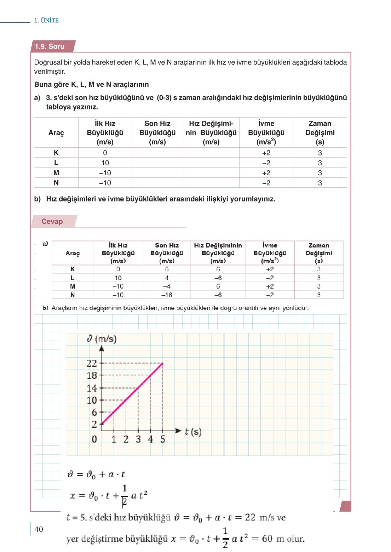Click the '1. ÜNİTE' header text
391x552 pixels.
coord(46,21)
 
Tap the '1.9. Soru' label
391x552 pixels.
coord(50,46)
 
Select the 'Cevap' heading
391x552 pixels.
coord(52,221)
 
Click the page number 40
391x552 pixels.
coord(39,529)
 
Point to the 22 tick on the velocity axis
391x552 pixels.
coord(92,363)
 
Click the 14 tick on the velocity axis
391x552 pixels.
coord(92,388)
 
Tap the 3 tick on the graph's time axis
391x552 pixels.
coord(138,439)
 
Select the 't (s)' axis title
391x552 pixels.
coord(193,432)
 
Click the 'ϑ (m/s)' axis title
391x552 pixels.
coord(102,339)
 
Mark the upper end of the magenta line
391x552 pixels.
coord(162,363)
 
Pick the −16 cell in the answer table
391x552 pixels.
coord(167,295)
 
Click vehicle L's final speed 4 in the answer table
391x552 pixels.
coord(167,278)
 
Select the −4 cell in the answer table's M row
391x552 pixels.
coord(167,286)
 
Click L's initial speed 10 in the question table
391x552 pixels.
coord(105,163)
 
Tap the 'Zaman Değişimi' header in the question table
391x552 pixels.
coord(320,132)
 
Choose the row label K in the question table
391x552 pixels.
coord(56,153)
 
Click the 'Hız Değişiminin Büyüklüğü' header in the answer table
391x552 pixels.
coord(218,253)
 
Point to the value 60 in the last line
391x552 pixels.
coord(267,539)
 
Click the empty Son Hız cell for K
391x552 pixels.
coord(157,153)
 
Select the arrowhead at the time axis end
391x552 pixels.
coord(179,431)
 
